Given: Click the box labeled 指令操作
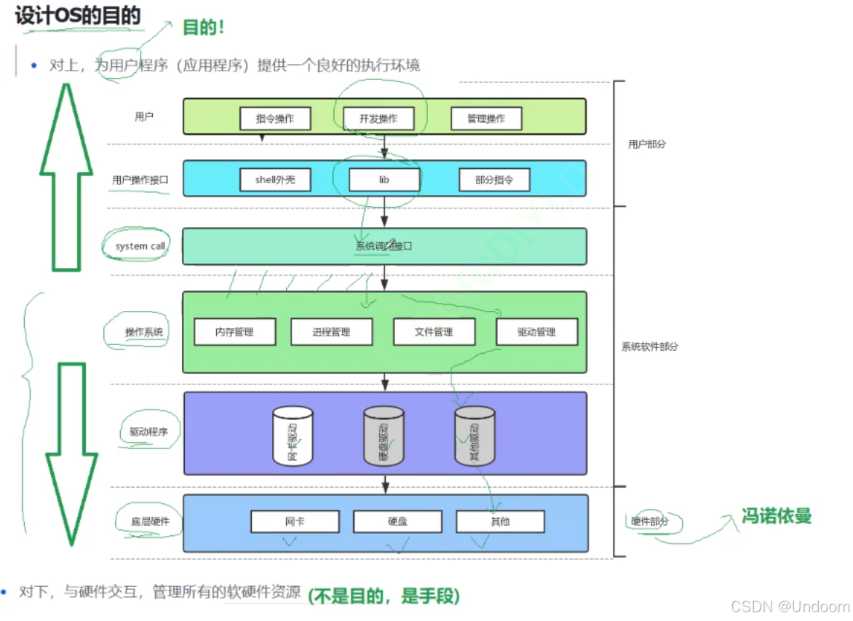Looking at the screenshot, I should [x=275, y=119].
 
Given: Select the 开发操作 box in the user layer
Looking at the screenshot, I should [x=378, y=119].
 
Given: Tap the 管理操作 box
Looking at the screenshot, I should [x=486, y=119].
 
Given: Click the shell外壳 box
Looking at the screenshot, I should [x=275, y=179].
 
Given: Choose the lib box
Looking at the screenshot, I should [x=384, y=179].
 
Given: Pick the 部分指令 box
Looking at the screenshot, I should [x=494, y=179].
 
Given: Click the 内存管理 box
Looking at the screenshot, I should [x=234, y=332].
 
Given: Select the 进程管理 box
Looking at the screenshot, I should [x=331, y=332].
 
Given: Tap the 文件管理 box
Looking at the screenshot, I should [x=434, y=332].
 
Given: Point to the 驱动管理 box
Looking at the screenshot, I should [x=536, y=332].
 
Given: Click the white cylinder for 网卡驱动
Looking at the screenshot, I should [x=293, y=436].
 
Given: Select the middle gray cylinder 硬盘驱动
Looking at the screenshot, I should [x=384, y=436].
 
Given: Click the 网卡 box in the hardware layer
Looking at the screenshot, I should [x=295, y=521].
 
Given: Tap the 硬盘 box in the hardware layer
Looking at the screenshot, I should [x=397, y=521].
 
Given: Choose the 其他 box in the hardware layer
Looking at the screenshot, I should [x=500, y=521].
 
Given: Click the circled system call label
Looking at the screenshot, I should [x=140, y=246].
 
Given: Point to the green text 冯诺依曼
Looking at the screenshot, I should [x=776, y=516].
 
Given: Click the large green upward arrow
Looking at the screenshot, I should [x=66, y=178].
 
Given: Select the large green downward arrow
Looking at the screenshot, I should [x=71, y=451].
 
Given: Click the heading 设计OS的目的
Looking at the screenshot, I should [x=77, y=15].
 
